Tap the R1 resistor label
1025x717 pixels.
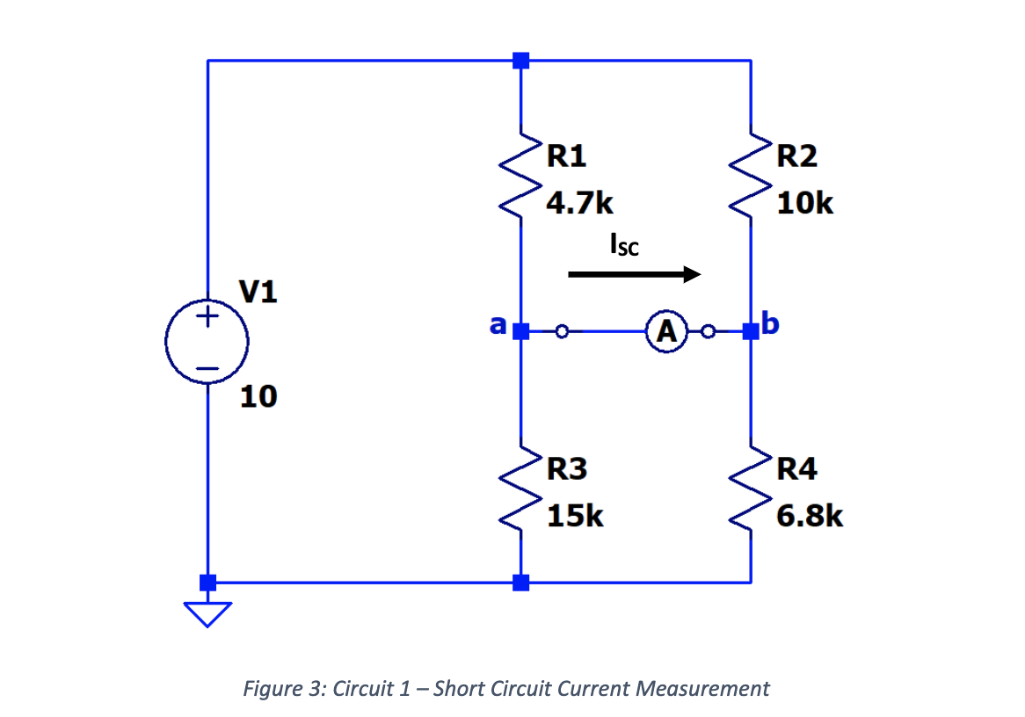click(566, 156)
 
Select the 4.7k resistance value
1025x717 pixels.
click(579, 204)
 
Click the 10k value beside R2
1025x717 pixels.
click(805, 204)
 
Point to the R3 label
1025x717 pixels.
click(566, 469)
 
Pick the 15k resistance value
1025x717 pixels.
click(575, 516)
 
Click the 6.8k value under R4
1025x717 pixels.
click(810, 516)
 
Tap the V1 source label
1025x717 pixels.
click(258, 293)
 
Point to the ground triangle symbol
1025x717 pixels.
click(208, 613)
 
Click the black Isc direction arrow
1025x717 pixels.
click(634, 275)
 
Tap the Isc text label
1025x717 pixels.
click(623, 245)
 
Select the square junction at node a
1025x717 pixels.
click(520, 332)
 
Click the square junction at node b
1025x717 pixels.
click(750, 332)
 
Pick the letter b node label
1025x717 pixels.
click(771, 325)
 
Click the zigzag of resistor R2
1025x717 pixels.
click(750, 180)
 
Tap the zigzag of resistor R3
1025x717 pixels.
click(520, 493)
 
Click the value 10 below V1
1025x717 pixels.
click(258, 397)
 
